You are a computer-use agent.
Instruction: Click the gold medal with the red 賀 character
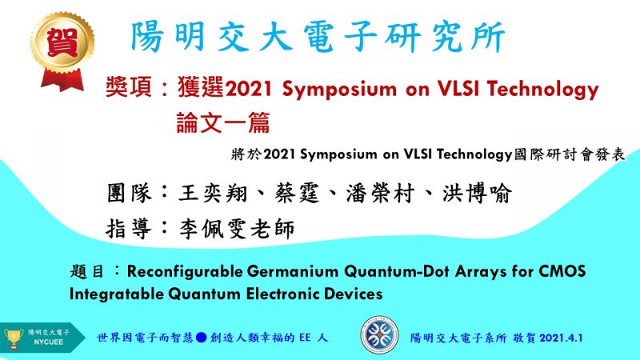pos(62,41)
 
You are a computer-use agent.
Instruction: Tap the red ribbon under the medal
pos(62,79)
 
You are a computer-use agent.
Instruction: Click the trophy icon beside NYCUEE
pos(14,338)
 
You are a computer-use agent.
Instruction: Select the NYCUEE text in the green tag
pos(48,342)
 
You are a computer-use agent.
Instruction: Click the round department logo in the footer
pos(379,335)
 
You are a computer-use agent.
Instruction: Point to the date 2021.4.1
pos(562,338)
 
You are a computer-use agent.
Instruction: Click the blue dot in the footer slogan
pos(201,338)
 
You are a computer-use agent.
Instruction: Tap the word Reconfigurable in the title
pos(185,271)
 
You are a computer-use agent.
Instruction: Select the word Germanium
pos(293,271)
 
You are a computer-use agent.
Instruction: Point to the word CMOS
pos(562,271)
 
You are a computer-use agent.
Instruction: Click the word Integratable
pos(116,294)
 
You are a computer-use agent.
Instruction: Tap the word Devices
pos(354,294)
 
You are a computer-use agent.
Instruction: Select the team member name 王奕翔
pos(213,193)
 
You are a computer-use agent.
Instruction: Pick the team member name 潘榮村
pos(381,193)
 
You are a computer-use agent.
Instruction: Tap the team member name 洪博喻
pos(477,193)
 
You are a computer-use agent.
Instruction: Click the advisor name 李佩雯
pos(213,229)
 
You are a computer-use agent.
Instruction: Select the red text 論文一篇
pos(223,122)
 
